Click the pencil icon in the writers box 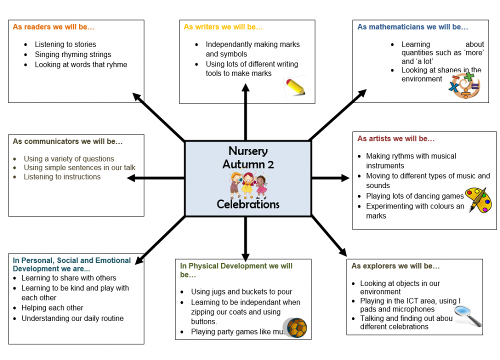[295, 86]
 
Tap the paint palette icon [478, 199]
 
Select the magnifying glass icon [468, 315]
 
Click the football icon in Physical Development [294, 327]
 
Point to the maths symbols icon [464, 85]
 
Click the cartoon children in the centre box [248, 184]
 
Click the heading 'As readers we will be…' [53, 27]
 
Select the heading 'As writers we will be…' [223, 27]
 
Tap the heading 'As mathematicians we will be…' [413, 27]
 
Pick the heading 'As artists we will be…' [396, 138]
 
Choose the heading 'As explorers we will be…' [395, 266]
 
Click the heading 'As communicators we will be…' [67, 141]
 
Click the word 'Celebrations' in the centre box [248, 204]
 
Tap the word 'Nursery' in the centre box [248, 151]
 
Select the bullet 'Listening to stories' [65, 44]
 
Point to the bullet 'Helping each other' [52, 308]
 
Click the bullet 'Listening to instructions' [62, 177]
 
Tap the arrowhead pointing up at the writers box [245, 88]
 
